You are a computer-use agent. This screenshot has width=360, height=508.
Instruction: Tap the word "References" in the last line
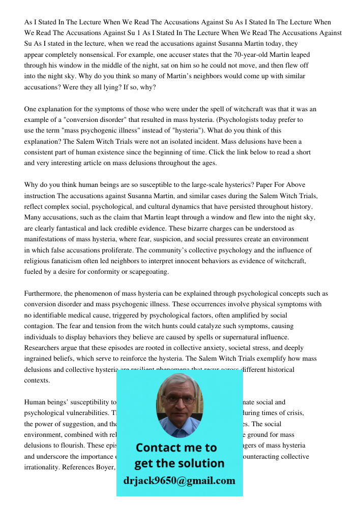click(x=74, y=467)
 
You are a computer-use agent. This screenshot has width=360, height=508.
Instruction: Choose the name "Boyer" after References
click(x=105, y=467)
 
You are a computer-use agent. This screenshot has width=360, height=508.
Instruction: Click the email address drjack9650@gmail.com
click(x=179, y=481)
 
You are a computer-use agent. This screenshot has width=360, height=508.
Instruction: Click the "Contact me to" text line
click(x=176, y=448)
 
